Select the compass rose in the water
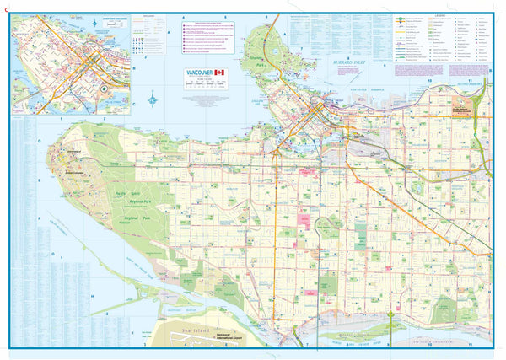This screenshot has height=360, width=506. [152, 103]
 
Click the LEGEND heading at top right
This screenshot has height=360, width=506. [441, 14]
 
